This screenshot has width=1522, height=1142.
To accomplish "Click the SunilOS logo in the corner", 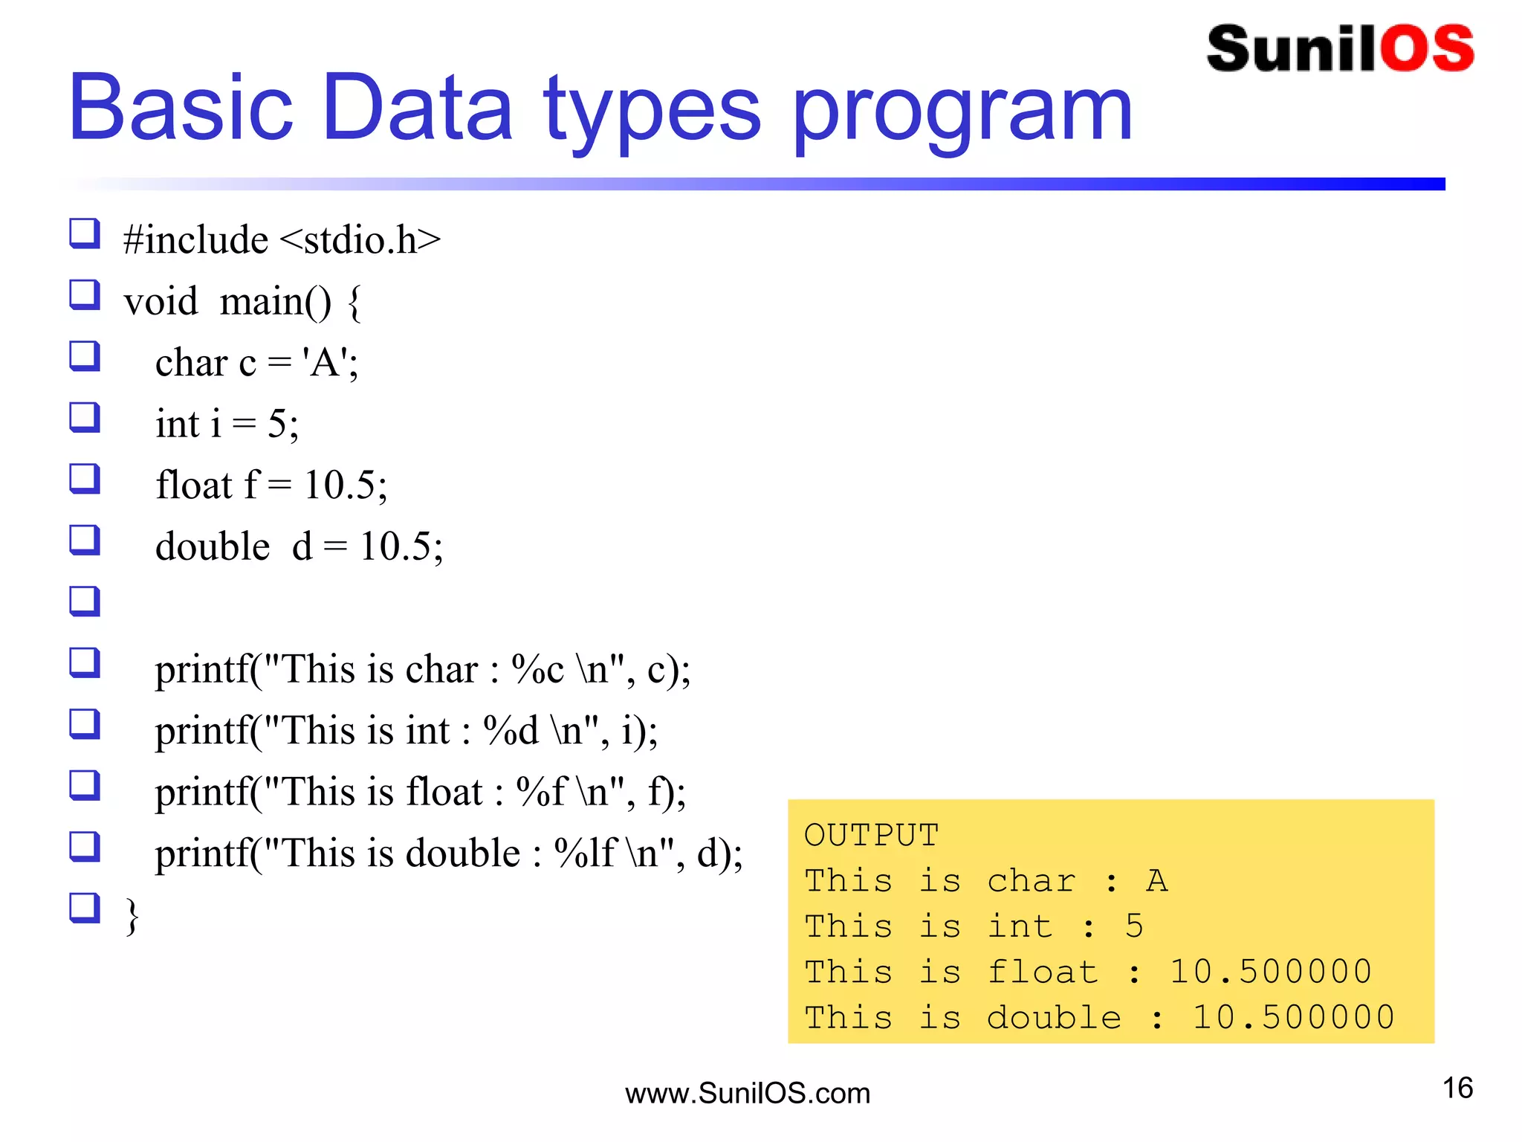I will (1340, 49).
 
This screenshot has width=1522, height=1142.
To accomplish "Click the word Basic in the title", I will (181, 108).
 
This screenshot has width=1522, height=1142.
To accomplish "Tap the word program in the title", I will (962, 112).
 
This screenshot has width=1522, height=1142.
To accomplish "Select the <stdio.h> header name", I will (360, 240).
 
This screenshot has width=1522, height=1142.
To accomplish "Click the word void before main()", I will (161, 302).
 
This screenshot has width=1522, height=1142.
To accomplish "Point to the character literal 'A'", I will (325, 364).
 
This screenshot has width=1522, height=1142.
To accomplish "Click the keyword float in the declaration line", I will (194, 485).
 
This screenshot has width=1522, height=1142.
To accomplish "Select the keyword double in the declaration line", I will (213, 546).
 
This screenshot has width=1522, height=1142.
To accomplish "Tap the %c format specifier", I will (537, 669).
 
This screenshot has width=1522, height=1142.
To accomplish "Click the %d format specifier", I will (511, 730).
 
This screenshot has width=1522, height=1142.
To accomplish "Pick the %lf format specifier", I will (586, 853).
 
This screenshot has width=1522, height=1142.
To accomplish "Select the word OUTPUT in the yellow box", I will (871, 835).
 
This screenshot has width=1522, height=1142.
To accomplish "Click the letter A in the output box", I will (1156, 881).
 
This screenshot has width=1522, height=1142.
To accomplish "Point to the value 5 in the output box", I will (1134, 926).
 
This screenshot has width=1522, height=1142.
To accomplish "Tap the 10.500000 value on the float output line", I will (1270, 972).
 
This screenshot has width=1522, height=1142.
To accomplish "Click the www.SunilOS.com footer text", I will (748, 1094).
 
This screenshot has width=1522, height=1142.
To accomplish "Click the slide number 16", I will (1457, 1088).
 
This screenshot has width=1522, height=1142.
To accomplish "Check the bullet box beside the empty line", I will (85, 601).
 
